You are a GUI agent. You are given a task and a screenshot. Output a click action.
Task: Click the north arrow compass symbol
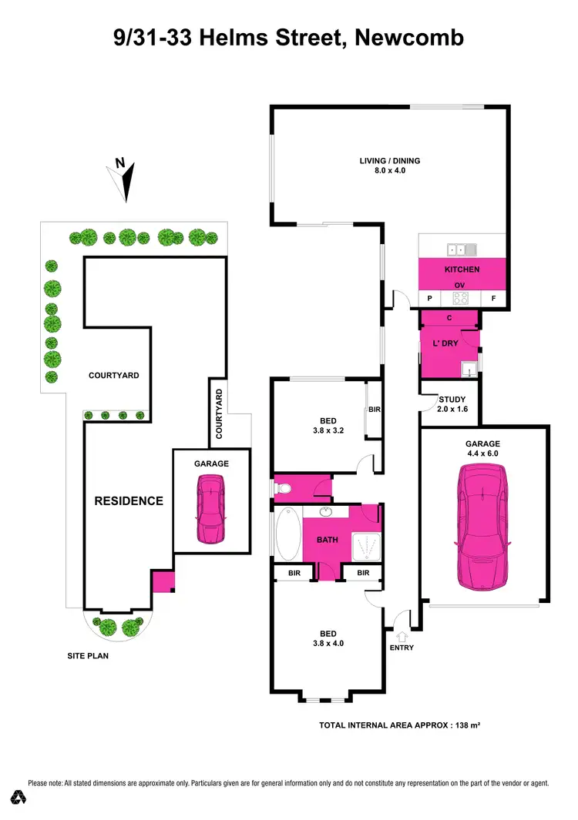(123, 179)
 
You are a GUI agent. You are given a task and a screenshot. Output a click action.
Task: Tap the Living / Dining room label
(389, 166)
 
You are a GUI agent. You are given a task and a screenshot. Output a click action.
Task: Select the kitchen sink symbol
(462, 249)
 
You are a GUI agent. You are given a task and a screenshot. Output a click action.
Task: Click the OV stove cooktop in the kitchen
(461, 298)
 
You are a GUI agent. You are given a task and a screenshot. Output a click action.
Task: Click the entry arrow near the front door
(401, 636)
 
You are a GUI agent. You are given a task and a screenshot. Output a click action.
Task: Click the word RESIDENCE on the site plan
(129, 500)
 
